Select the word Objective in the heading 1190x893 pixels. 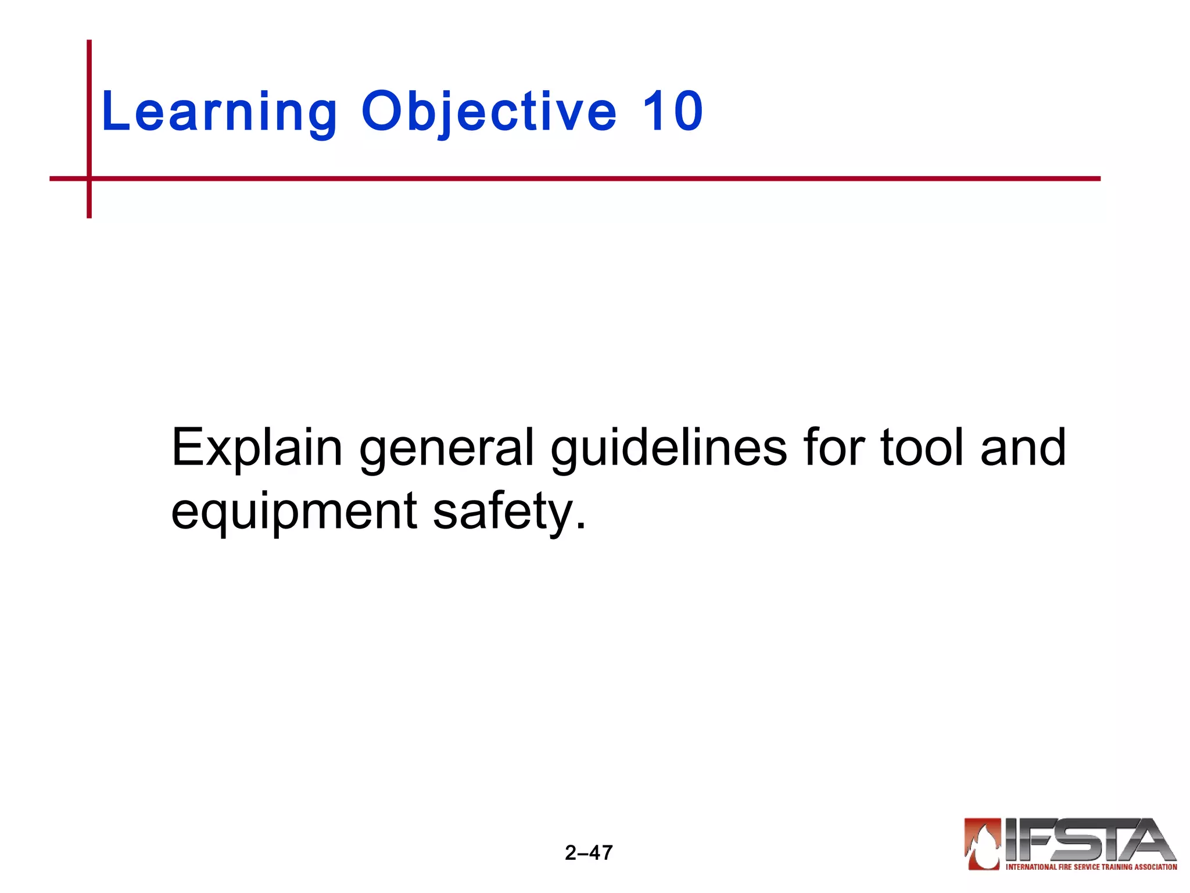pos(489,112)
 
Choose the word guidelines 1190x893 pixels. pos(669,448)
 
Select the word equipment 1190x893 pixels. pos(294,512)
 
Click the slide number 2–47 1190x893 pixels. pos(589,853)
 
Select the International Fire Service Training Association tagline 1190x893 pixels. pos(1091,867)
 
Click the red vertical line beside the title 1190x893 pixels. pos(89,105)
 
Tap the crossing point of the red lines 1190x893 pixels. pos(89,178)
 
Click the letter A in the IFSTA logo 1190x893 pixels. pos(1148,840)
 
